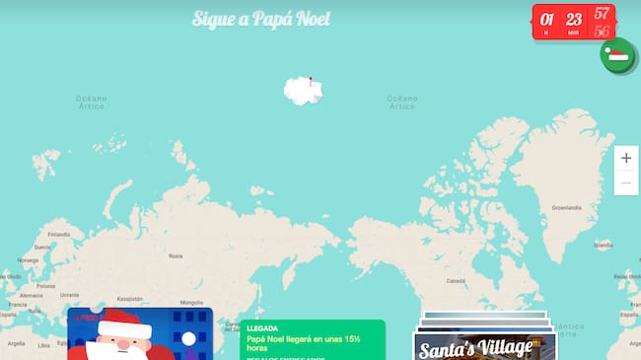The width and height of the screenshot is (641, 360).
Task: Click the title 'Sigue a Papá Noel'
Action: pyautogui.click(x=261, y=20)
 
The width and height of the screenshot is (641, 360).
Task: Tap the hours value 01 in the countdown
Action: pyautogui.click(x=547, y=19)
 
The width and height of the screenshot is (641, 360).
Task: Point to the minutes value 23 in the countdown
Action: pyautogui.click(x=574, y=19)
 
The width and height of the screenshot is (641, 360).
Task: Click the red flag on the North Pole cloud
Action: pyautogui.click(x=309, y=81)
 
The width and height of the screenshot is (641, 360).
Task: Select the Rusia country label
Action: pyautogui.click(x=176, y=255)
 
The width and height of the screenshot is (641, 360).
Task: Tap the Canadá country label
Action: pyautogui.click(x=455, y=280)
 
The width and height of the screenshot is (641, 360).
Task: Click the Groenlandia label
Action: pyautogui.click(x=566, y=208)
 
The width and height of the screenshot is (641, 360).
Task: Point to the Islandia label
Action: pyautogui.click(x=604, y=245)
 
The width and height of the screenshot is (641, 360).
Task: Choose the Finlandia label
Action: pyautogui.click(x=59, y=235)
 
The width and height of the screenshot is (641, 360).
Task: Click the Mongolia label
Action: pyautogui.click(x=191, y=303)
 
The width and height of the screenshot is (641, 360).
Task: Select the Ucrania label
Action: pyautogui.click(x=69, y=295)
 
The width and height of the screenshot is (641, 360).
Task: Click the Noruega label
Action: pyautogui.click(x=28, y=260)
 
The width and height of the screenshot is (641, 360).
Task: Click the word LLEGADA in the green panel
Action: pyautogui.click(x=262, y=327)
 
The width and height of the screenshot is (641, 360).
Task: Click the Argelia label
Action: pyautogui.click(x=17, y=343)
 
